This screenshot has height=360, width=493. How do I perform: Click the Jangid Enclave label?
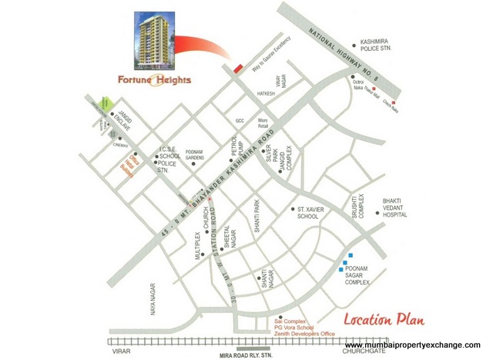click(125, 121)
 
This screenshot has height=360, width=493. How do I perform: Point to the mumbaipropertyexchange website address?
click(412, 344)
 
